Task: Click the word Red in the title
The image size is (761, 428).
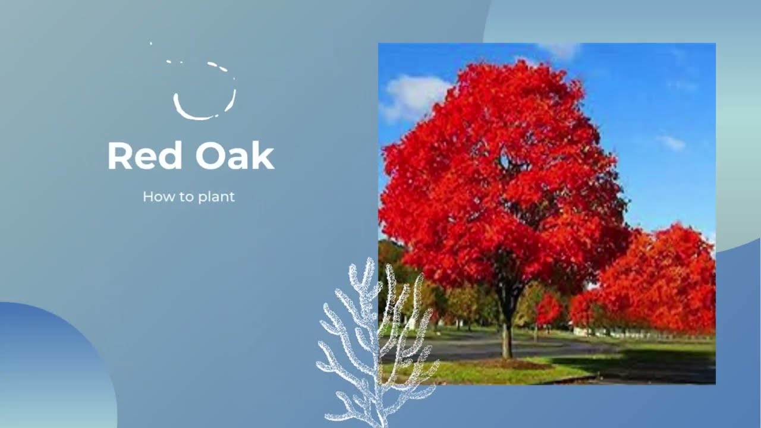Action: tap(144, 156)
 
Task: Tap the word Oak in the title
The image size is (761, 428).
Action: tap(234, 156)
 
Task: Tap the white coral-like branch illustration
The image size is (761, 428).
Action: tap(369, 345)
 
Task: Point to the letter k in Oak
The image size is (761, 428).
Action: tap(262, 156)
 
